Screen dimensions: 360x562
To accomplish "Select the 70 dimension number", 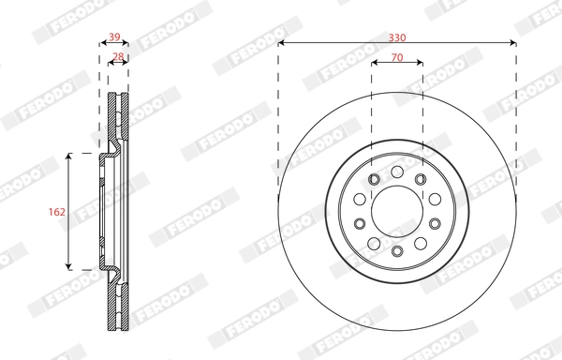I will [397, 57].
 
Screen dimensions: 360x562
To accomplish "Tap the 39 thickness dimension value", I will [114, 37].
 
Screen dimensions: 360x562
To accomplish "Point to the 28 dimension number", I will [118, 57].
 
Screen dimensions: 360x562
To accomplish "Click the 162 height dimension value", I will [56, 212].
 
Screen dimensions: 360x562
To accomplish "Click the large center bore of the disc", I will [397, 211].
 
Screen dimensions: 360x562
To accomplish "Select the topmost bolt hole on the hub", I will [397, 172].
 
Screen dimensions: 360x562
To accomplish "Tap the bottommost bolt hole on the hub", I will [397, 251].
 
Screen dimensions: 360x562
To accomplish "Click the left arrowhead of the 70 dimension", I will [375, 64].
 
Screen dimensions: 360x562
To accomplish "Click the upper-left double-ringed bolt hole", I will [374, 179].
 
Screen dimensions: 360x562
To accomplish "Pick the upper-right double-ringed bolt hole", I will [421, 179].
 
